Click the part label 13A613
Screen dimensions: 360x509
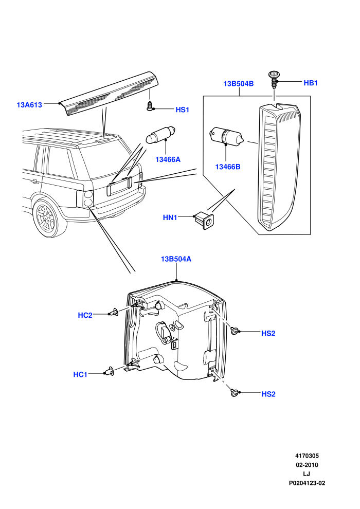[x=29, y=105]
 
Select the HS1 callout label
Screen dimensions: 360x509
[x=182, y=110]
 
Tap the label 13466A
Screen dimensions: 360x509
[x=168, y=159]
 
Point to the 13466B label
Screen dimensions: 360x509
[x=227, y=167]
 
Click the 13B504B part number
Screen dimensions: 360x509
[x=238, y=83]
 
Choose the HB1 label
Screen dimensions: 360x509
[x=310, y=83]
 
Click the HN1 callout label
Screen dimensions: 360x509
[x=170, y=217]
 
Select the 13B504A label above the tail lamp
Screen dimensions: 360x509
[x=176, y=259]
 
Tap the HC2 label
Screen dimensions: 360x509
[x=85, y=315]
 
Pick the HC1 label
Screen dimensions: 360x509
[x=80, y=375]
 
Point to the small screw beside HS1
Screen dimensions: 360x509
[x=150, y=105]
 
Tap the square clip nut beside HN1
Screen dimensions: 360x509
[x=205, y=220]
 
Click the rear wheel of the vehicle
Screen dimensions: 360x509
[x=46, y=217]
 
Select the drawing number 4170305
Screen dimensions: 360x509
[x=307, y=456]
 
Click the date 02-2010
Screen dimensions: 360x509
[x=307, y=465]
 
